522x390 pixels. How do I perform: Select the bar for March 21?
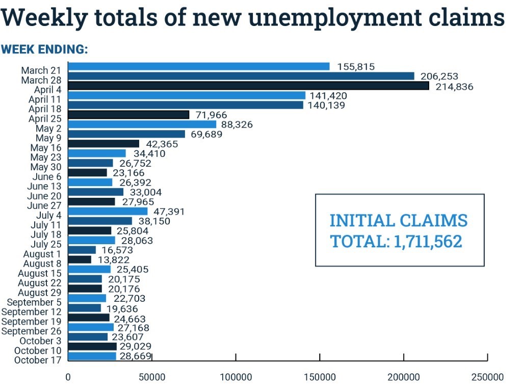click(199, 66)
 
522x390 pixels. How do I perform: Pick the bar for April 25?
click(128, 115)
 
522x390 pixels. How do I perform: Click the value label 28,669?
click(136, 356)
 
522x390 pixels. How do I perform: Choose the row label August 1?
click(42, 254)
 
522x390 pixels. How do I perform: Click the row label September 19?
click(31, 321)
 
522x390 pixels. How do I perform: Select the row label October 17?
click(38, 360)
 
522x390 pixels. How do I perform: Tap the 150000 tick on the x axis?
click(320, 377)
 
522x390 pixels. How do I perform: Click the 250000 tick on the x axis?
click(487, 377)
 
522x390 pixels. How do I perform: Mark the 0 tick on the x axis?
click(68, 377)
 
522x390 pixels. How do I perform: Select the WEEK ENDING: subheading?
click(44, 49)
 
